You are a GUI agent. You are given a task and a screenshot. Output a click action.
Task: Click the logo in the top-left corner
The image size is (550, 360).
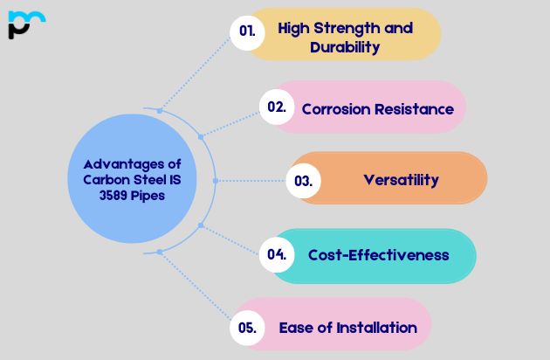[x=25, y=24]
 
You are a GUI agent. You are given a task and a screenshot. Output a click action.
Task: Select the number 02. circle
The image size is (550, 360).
[x=277, y=107]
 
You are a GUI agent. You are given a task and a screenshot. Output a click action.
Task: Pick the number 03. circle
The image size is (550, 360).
[x=303, y=181]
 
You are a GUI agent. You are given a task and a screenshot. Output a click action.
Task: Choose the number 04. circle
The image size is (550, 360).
[x=277, y=255]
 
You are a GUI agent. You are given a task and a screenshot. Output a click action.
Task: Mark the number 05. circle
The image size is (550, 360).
[x=247, y=328]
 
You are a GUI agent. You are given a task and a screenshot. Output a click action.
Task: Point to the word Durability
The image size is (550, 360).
[x=345, y=47]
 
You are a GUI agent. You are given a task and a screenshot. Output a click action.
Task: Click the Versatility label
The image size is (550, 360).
[x=401, y=180]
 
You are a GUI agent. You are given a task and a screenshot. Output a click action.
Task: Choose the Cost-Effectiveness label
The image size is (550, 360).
[x=378, y=255]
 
